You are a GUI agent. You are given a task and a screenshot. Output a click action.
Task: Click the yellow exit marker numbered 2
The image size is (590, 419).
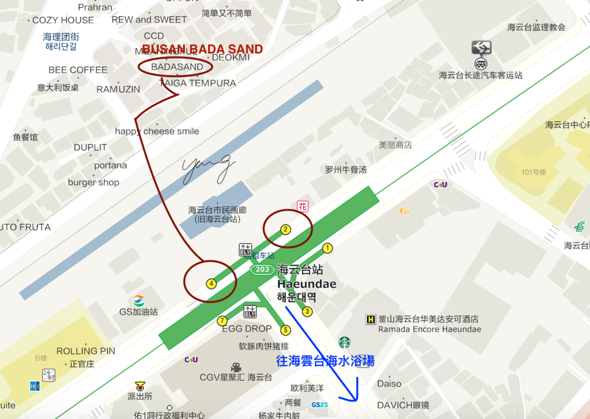pos(285,229)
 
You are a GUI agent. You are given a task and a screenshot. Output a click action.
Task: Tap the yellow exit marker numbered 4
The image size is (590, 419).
pos(211,284)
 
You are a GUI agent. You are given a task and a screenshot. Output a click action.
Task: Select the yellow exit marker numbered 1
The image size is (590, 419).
pos(327,248)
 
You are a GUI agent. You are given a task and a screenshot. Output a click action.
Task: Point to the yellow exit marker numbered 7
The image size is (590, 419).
pos(222,320)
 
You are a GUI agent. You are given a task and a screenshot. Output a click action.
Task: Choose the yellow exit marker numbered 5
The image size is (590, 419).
pos(285,330)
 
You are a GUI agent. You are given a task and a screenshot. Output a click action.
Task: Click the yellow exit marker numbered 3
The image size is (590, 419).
pos(307,312)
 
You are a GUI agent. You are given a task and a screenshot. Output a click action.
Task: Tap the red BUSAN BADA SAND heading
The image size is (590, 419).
pos(202,50)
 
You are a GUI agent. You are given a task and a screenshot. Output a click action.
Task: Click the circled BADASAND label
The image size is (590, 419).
pos(177,67)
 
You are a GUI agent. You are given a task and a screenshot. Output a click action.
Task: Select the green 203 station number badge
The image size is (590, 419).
pos(262,270)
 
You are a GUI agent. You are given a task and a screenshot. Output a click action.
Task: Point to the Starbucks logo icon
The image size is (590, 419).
pos(345,343)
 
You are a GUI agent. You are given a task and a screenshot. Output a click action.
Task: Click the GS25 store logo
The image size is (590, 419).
pos(319,405)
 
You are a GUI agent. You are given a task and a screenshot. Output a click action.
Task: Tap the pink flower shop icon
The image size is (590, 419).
pos(302,206)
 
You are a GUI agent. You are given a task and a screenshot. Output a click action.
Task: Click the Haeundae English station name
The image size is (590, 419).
pos(307,284)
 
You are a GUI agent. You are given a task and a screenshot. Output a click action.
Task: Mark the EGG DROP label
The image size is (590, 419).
pos(247,329)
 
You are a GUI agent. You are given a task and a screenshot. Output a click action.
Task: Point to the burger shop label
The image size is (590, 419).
pos(93,182)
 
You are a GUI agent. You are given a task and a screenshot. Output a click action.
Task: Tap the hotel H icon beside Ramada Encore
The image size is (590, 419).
pos(371,319)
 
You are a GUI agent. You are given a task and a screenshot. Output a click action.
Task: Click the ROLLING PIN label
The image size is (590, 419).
pos(85,351)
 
